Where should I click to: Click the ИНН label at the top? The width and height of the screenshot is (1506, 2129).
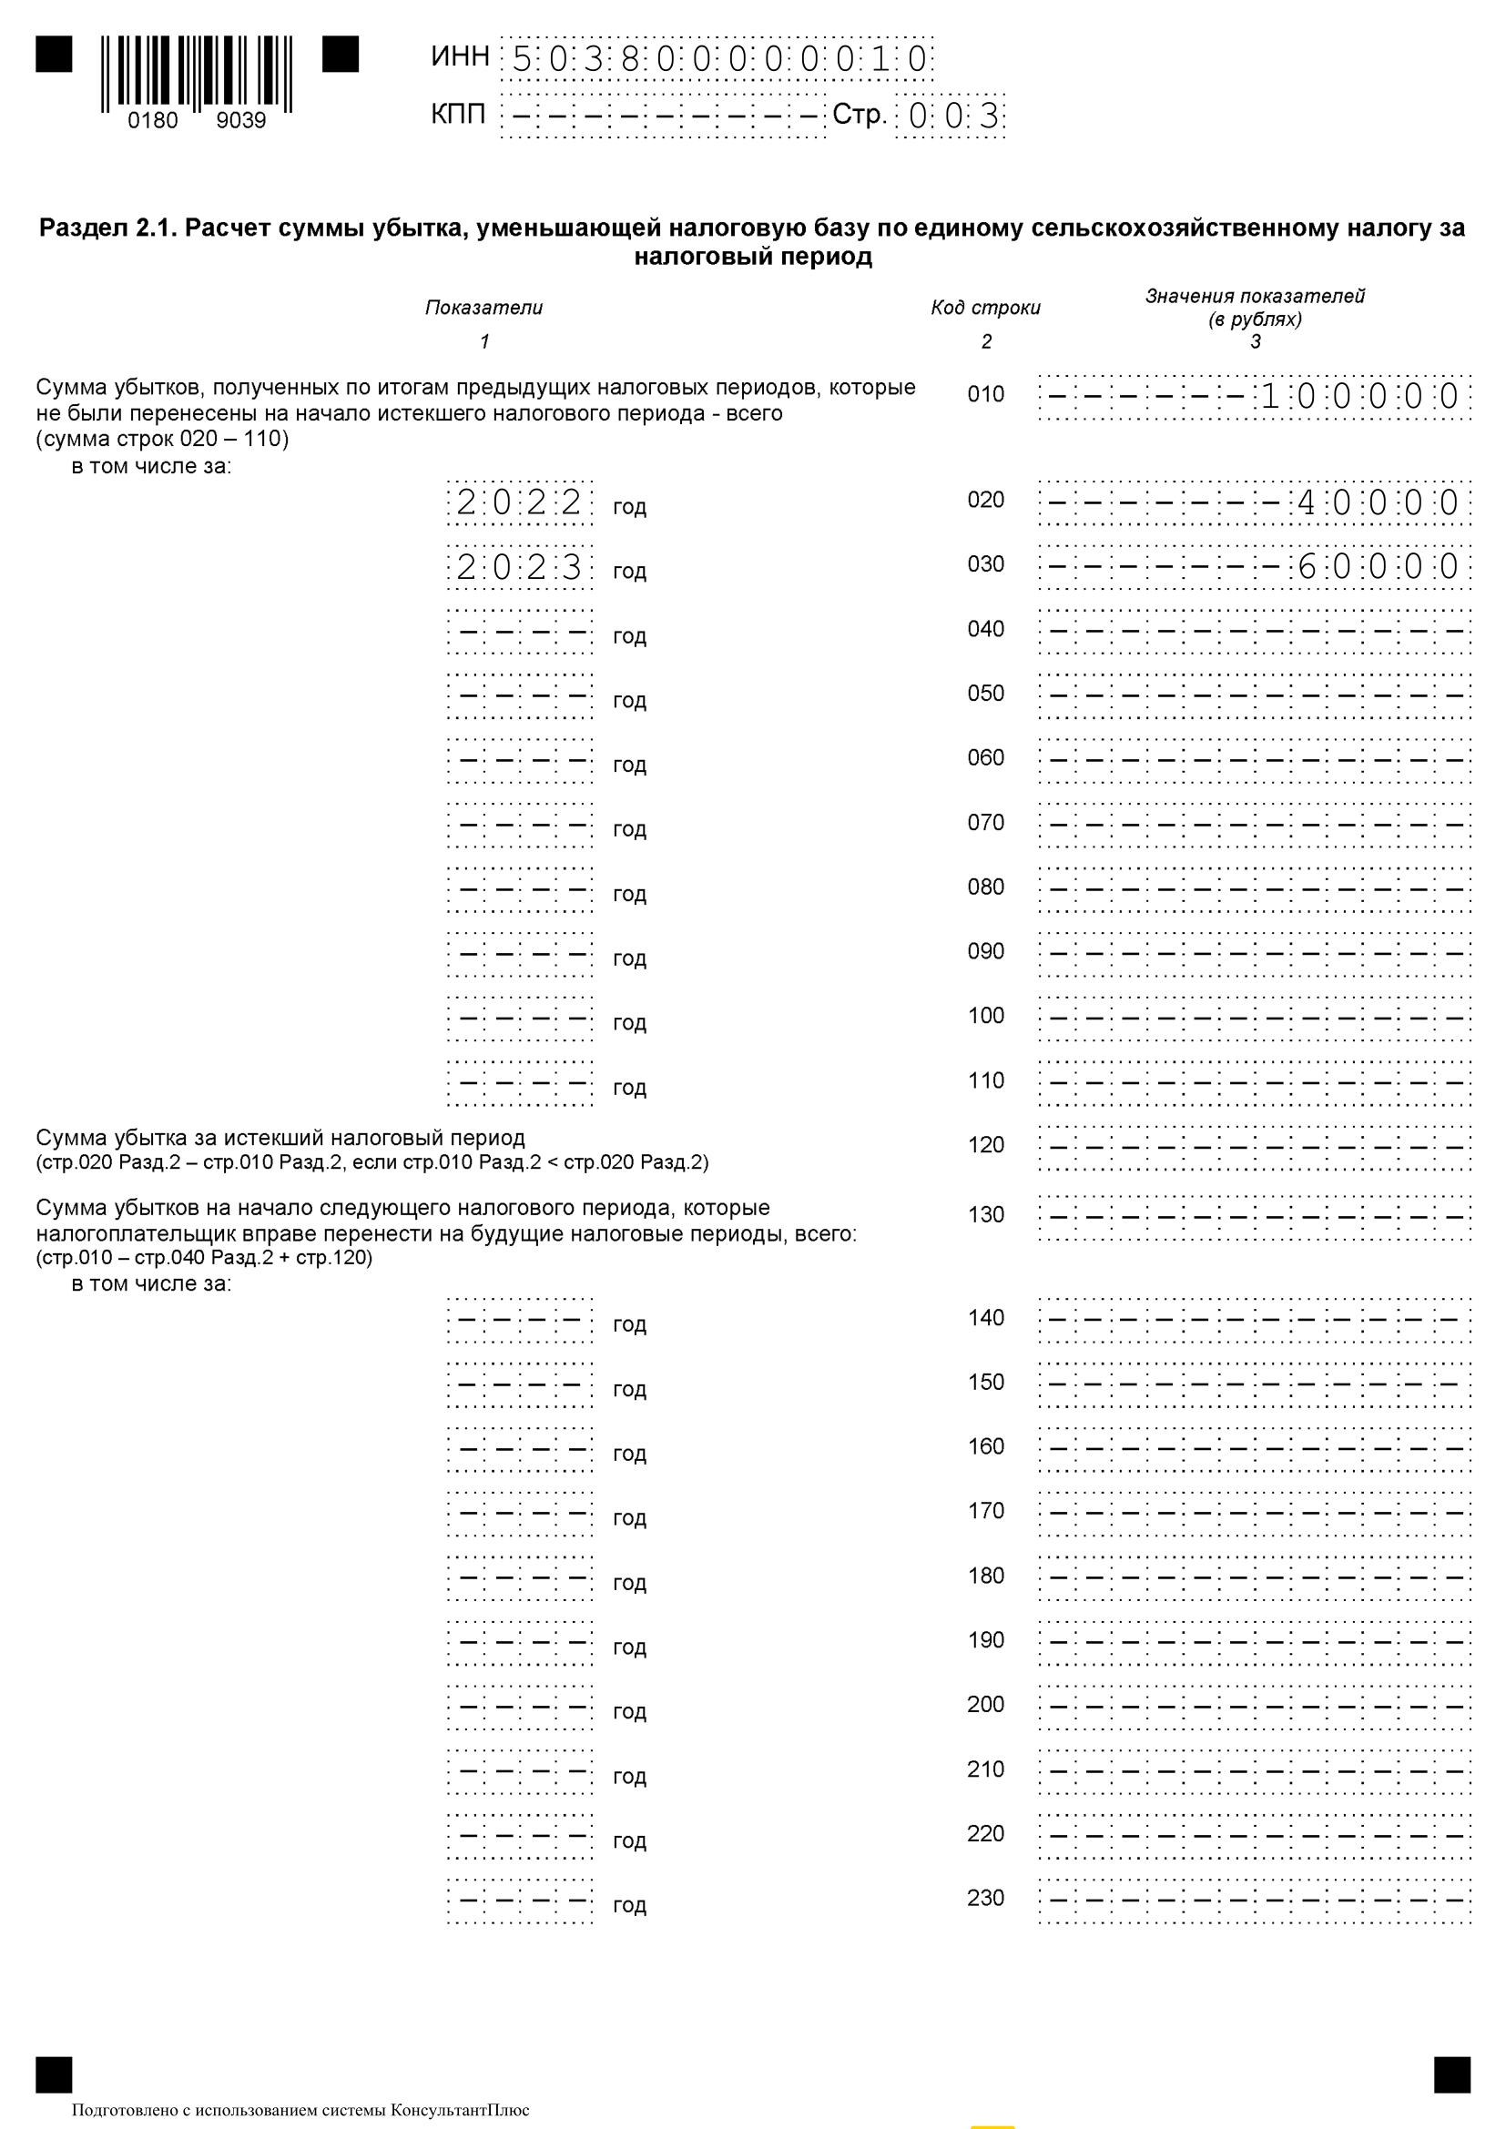460,56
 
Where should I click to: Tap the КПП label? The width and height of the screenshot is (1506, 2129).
458,115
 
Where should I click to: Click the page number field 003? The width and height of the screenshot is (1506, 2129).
951,116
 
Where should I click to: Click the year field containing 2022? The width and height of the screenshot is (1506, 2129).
519,502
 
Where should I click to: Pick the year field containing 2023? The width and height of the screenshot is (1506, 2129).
519,567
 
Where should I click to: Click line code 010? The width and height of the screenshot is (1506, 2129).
986,395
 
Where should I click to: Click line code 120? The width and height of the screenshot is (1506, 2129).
986,1145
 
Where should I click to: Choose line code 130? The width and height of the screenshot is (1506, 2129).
986,1215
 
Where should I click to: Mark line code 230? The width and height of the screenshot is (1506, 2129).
986,1898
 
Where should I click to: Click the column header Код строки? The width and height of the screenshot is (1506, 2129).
986,308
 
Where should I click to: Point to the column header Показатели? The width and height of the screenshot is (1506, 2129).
484,308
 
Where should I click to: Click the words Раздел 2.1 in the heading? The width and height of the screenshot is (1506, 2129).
107,228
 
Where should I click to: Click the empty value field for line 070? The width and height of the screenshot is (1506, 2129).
1255,825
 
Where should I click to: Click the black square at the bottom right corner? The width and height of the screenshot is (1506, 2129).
1451,2075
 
